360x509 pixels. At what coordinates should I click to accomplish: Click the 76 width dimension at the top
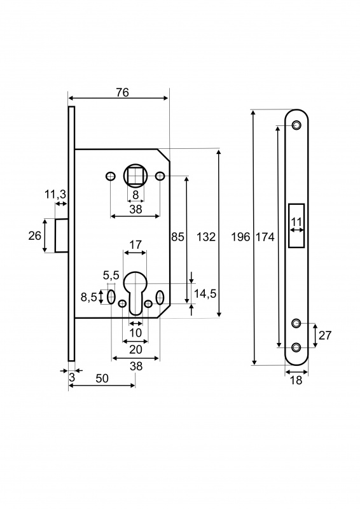(123, 92)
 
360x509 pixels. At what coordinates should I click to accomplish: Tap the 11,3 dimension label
(55, 195)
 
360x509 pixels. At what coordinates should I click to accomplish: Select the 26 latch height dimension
(35, 235)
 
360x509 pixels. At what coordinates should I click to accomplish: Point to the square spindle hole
(135, 176)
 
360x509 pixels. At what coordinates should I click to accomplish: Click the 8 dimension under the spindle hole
(135, 195)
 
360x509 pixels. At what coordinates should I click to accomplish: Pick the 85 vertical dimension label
(177, 237)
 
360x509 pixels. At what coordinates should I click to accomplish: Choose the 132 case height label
(206, 237)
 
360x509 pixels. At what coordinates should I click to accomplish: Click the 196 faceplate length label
(240, 237)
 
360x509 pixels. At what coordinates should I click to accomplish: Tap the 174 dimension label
(265, 237)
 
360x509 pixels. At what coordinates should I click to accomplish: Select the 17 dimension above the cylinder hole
(135, 244)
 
